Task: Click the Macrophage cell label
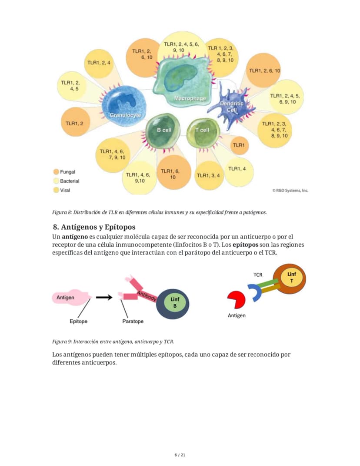190,98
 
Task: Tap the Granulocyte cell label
125,115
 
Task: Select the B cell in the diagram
163,131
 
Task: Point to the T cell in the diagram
203,133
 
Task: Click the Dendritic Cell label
232,107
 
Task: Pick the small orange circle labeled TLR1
239,145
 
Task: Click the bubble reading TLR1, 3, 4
209,175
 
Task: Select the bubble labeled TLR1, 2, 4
99,63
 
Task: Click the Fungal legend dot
56,172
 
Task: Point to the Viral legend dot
56,190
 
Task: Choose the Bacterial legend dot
56,181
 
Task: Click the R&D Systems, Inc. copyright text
290,191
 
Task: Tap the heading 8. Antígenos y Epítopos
94,227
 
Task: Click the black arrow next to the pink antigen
104,297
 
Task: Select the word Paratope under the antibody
133,321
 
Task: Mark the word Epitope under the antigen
78,321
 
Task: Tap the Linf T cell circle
289,279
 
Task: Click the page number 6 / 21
180,455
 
